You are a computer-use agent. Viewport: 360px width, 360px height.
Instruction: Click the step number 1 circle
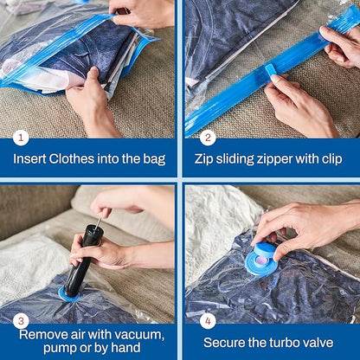click(22, 137)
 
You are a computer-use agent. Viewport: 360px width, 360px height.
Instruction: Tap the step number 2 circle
click(207, 137)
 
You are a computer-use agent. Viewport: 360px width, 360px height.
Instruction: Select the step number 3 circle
click(22, 319)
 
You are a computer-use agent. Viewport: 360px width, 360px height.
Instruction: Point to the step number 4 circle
click(207, 319)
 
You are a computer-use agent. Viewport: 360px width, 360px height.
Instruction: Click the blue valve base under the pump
click(67, 294)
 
